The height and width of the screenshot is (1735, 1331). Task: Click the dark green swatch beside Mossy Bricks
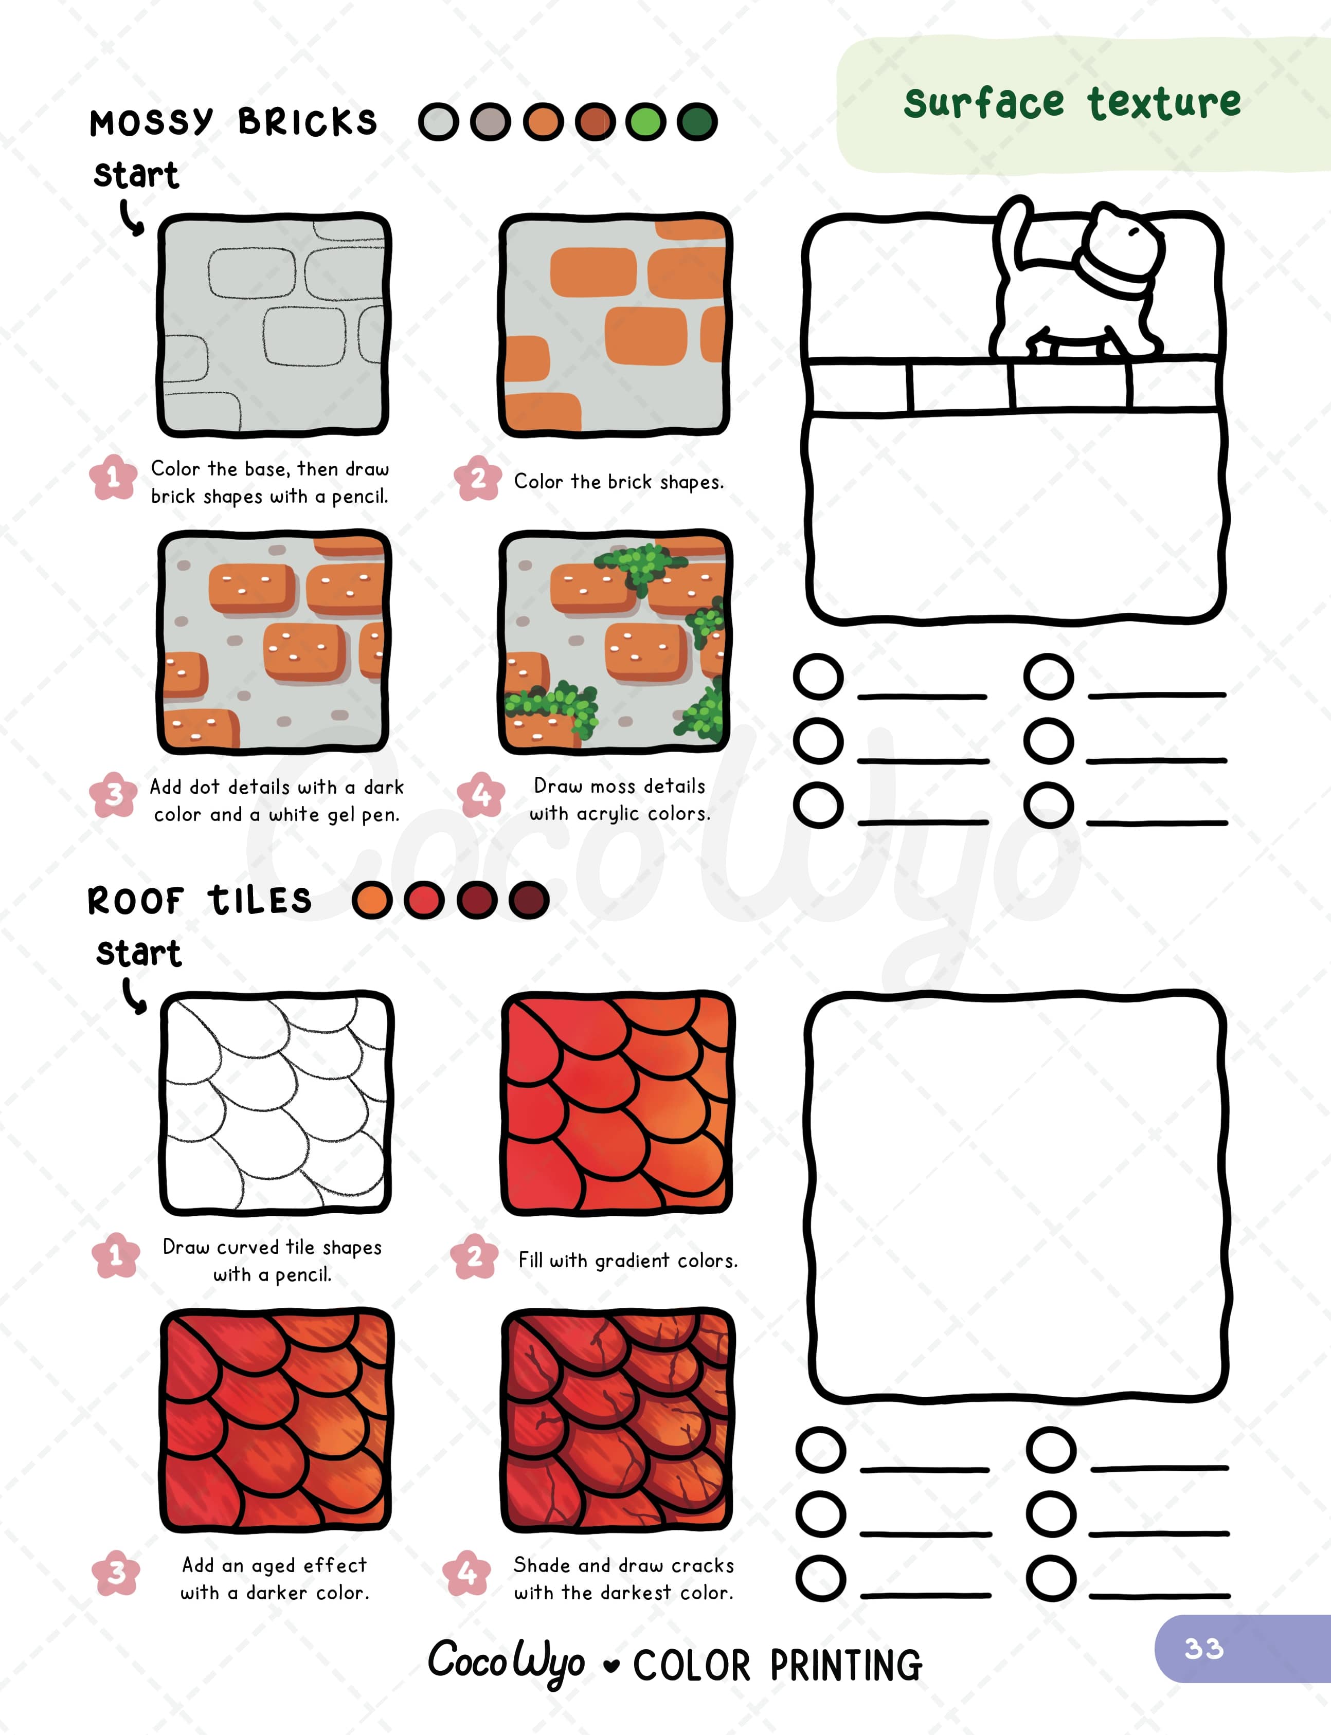coord(697,122)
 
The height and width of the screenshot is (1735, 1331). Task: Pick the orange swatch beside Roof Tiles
coord(371,900)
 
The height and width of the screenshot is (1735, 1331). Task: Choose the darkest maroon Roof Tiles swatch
coord(529,900)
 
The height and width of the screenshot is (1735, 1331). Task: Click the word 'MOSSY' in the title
coord(151,123)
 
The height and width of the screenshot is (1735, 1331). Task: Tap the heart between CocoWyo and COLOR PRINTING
coord(610,1665)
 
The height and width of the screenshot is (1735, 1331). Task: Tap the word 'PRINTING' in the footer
coord(846,1665)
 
